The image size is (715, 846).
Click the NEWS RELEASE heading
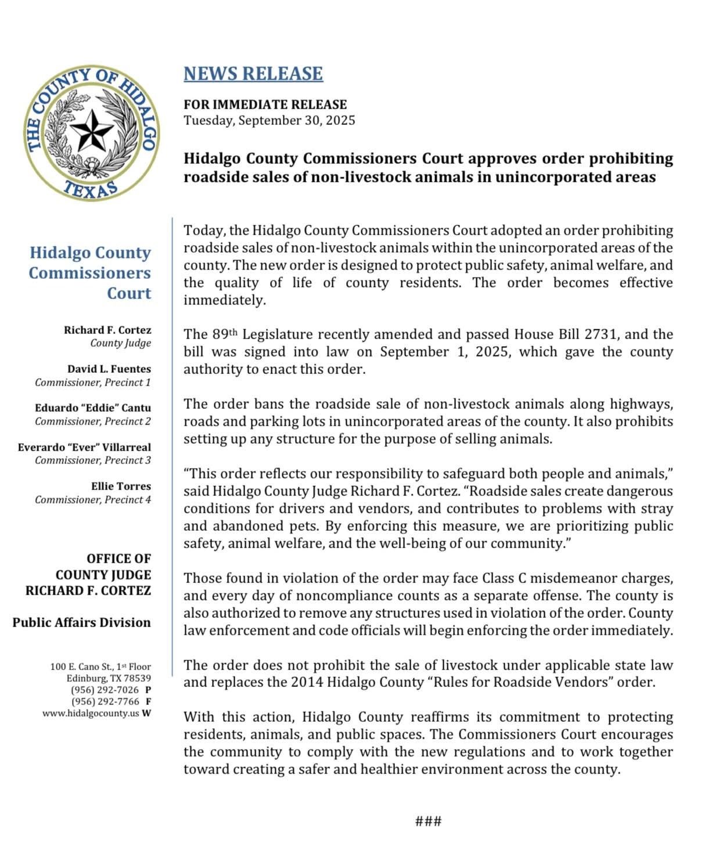click(253, 74)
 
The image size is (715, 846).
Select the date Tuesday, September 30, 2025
click(270, 121)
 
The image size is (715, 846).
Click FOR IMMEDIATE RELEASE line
click(265, 105)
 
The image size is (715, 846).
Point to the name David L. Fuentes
click(109, 369)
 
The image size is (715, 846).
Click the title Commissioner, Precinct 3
click(93, 460)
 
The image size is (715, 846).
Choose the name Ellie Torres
click(121, 486)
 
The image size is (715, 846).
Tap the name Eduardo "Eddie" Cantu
click(93, 408)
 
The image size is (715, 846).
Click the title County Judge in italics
click(120, 343)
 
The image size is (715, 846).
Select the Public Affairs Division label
click(82, 622)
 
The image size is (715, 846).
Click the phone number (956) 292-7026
click(105, 690)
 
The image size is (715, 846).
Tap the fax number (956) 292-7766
click(105, 701)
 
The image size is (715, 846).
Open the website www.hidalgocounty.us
click(91, 713)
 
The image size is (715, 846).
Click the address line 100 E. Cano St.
click(100, 667)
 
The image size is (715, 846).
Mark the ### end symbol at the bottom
click(429, 821)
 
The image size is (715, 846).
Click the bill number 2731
click(601, 334)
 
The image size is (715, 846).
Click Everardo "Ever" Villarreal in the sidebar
click(84, 447)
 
